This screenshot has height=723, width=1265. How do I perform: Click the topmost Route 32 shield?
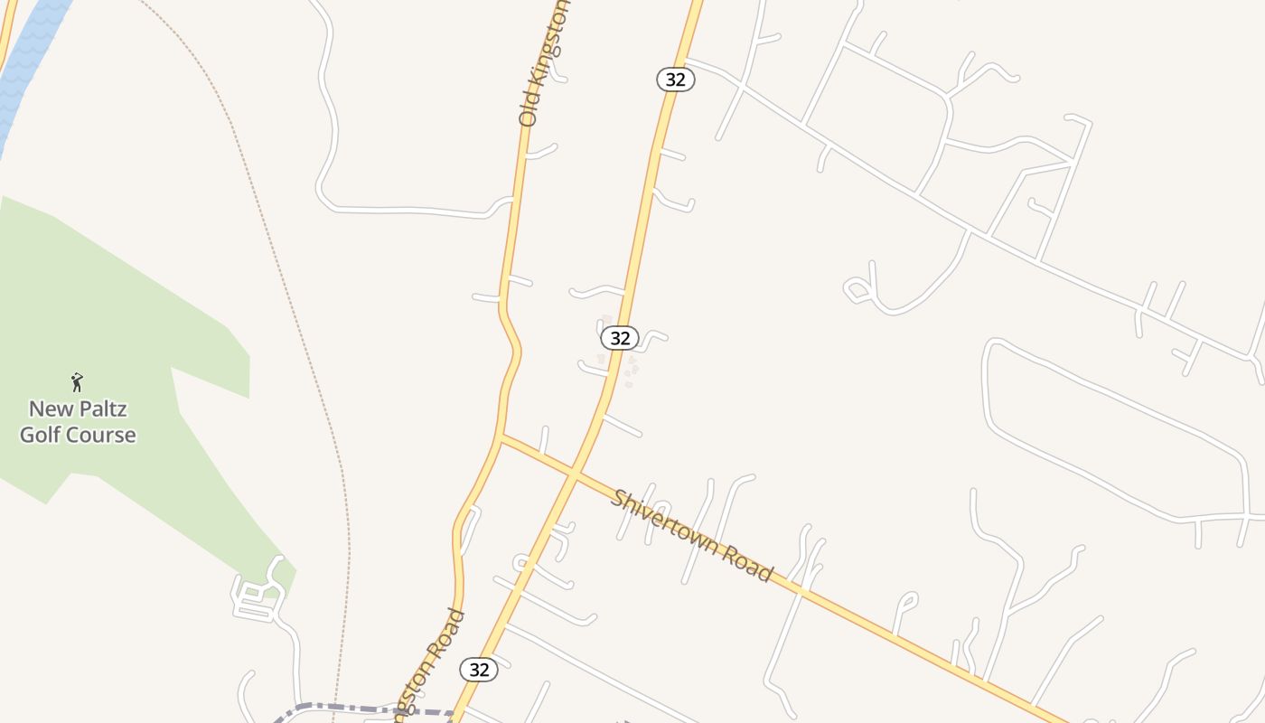coord(675,80)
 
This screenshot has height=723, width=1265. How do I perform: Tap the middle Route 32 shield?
coord(620,338)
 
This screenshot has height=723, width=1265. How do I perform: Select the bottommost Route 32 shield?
coord(479,670)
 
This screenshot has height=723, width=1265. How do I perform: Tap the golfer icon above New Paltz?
coord(77,382)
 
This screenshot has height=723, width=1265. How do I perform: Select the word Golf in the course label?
coord(40,435)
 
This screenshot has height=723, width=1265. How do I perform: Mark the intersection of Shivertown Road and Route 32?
coord(573,472)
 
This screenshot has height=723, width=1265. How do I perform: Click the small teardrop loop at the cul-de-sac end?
coord(856,290)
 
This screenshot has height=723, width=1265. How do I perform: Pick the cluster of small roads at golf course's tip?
coord(258,596)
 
